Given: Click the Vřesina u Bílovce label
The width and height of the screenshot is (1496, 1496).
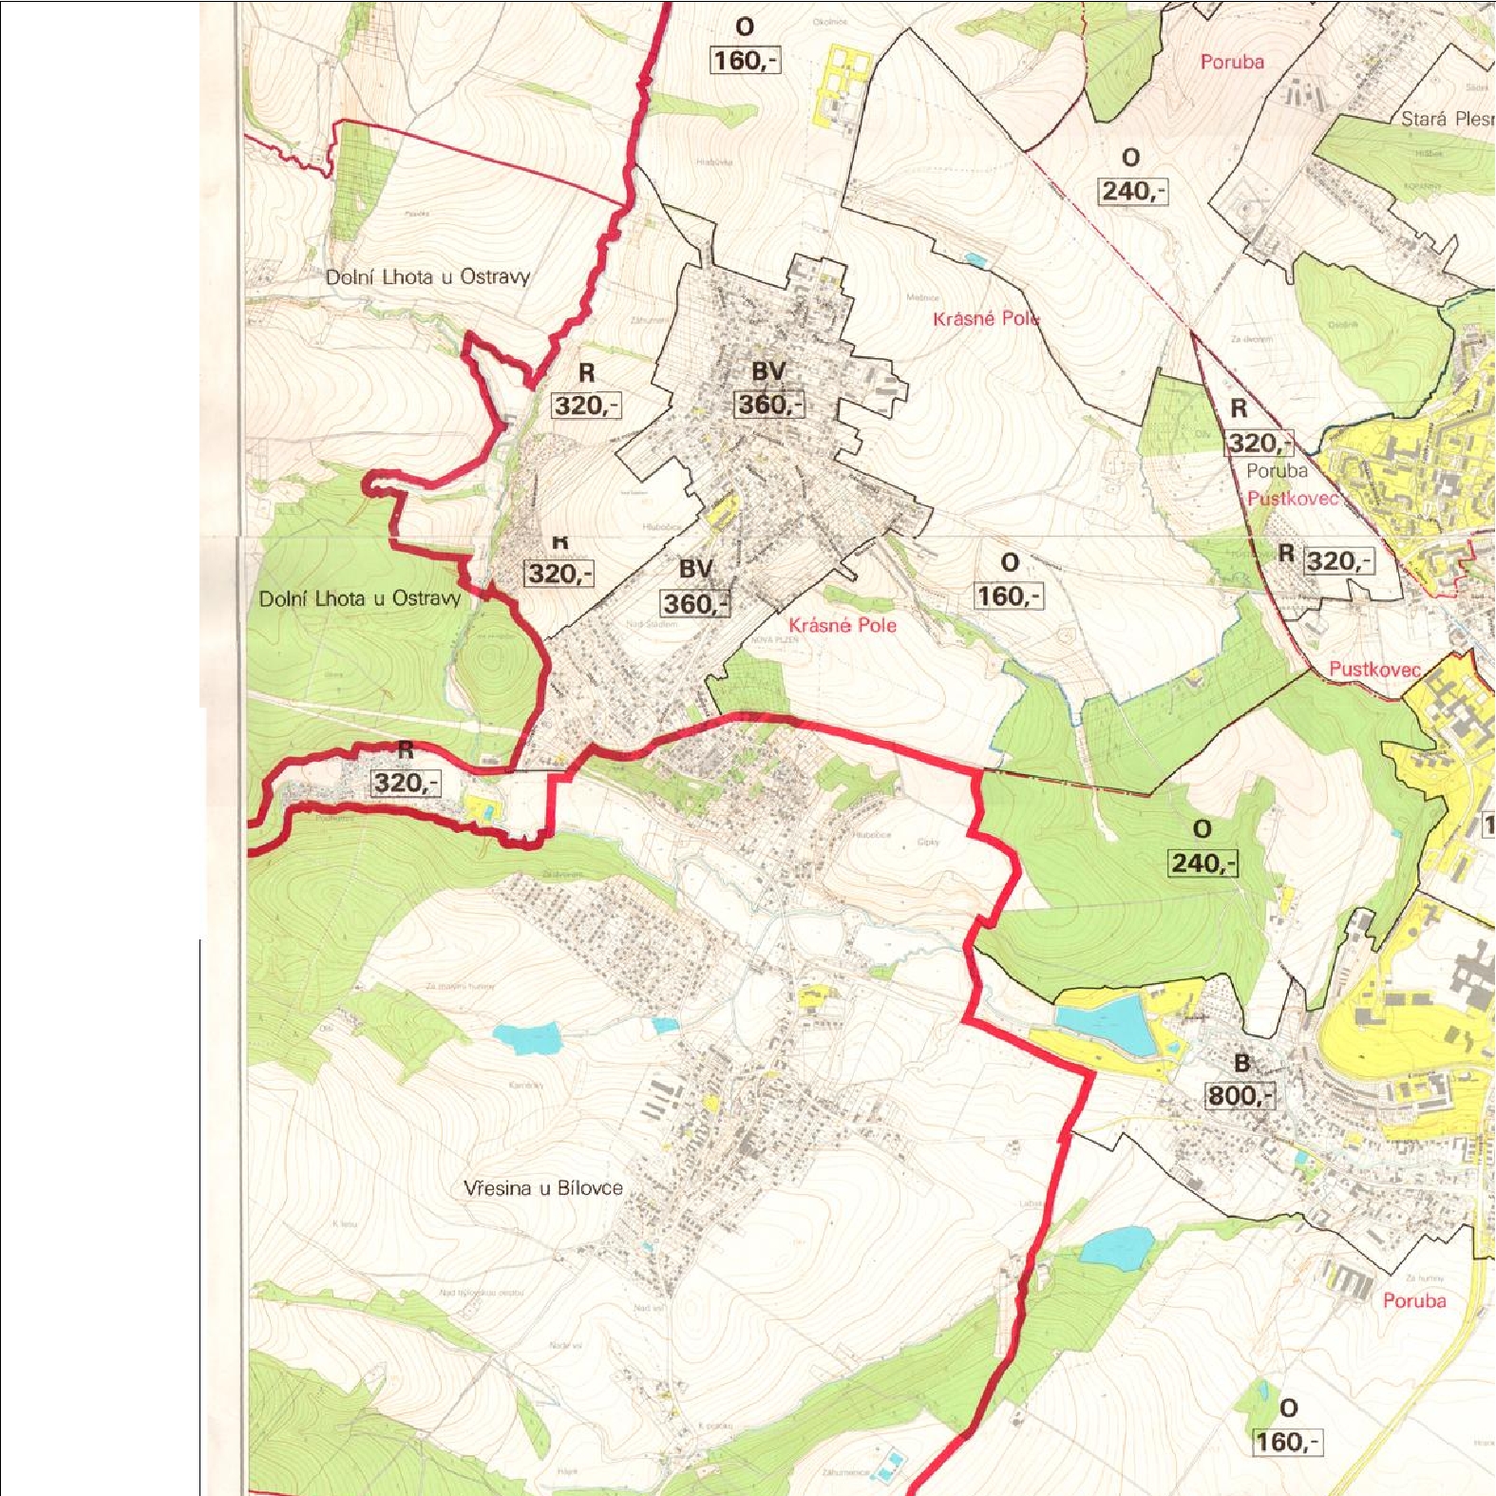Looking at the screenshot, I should coord(543,1188).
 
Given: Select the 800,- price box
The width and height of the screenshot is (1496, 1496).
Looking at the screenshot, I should coord(1240,1096).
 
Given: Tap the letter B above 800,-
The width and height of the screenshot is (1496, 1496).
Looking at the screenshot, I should coord(1241,1064).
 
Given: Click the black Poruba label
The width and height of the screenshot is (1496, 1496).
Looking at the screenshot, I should coord(1277,471).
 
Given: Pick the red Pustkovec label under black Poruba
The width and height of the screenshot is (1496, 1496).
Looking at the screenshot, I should coord(1293,499).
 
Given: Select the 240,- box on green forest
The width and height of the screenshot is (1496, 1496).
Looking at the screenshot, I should coord(1203,863).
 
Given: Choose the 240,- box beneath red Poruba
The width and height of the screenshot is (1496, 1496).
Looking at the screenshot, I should coord(1132,191).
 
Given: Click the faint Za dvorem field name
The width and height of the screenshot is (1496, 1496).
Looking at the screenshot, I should coord(1251,339).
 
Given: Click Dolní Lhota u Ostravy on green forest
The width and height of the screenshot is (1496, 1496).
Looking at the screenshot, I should coord(360,598).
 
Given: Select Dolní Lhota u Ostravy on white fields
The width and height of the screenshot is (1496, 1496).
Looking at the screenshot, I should coord(427,277).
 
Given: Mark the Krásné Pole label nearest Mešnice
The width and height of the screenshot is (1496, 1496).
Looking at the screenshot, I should coord(986,318).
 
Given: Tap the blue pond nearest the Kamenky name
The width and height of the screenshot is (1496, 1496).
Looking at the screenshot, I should coord(525,1039).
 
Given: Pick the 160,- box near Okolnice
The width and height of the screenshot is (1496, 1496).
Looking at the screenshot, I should coord(745,61).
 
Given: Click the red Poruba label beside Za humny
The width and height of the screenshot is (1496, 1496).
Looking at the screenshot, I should coord(1414,1301).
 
